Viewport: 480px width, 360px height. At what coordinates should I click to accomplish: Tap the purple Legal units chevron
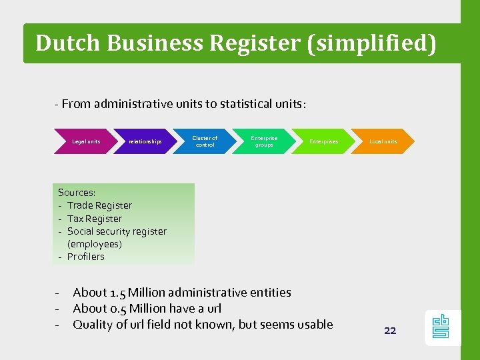pos(86,141)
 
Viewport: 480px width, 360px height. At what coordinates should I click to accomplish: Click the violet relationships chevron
pos(145,141)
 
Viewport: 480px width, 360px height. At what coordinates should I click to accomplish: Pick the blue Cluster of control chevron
pos(205,141)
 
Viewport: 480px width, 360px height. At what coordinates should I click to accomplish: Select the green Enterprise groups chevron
pos(264,141)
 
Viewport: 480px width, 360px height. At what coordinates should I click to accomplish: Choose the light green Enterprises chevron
pos(323,141)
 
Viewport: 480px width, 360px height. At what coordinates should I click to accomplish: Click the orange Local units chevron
pos(383,141)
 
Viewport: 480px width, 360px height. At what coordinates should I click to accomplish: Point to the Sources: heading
pos(77,193)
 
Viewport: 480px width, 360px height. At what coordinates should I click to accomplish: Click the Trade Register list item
pos(99,205)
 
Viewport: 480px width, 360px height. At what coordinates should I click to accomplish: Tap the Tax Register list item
pos(95,219)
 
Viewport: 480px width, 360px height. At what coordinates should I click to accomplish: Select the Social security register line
pos(117,231)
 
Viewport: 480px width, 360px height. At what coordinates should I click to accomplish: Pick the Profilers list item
pos(86,257)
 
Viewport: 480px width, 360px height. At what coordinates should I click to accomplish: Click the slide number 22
pos(390,331)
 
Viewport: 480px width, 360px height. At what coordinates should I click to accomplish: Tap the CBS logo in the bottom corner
pos(441,327)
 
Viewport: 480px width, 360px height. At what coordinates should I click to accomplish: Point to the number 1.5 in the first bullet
pos(117,293)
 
